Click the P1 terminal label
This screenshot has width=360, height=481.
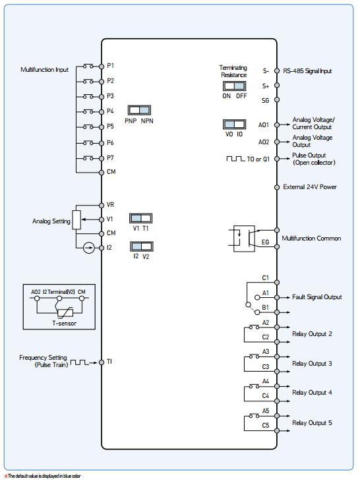click(x=110, y=66)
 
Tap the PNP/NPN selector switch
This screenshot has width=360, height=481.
click(x=139, y=110)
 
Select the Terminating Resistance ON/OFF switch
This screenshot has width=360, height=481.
click(x=234, y=86)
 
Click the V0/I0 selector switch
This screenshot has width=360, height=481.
click(x=234, y=125)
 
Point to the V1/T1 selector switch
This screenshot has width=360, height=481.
click(x=141, y=218)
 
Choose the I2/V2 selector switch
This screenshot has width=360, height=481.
click(x=142, y=246)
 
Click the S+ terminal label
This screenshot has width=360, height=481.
click(x=266, y=86)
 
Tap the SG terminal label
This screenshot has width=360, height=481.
click(x=265, y=100)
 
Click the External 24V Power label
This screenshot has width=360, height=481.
click(x=310, y=187)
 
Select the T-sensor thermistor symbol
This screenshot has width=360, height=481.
click(x=65, y=312)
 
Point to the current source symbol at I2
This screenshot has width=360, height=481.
click(x=89, y=248)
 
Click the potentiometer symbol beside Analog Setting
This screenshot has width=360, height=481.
click(x=76, y=220)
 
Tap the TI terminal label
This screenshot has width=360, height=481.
click(x=109, y=362)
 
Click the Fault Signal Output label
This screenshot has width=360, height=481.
click(x=316, y=297)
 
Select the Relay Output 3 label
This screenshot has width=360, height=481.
click(x=312, y=364)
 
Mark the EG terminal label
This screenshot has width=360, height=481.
click(x=265, y=242)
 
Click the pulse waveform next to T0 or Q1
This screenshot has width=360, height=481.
click(x=235, y=159)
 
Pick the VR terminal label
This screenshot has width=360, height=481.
click(x=110, y=205)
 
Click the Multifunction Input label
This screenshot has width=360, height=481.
click(x=44, y=70)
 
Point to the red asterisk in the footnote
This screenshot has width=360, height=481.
click(x=6, y=476)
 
